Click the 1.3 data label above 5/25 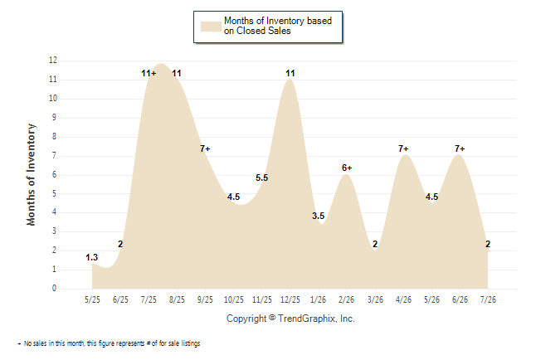91,257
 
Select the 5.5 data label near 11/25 262,178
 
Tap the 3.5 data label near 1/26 319,216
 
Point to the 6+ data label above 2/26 347,168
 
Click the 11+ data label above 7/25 149,73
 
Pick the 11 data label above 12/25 290,73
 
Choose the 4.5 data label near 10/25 233,197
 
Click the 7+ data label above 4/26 403,148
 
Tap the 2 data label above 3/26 375,244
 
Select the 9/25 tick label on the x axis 205,299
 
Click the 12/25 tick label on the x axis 290,299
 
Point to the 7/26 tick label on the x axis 488,299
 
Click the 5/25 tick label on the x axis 92,299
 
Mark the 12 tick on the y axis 53,61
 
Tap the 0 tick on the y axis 54,288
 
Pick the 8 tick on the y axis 54,136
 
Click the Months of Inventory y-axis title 31,174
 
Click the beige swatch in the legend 211,27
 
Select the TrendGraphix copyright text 290,319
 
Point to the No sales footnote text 109,343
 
